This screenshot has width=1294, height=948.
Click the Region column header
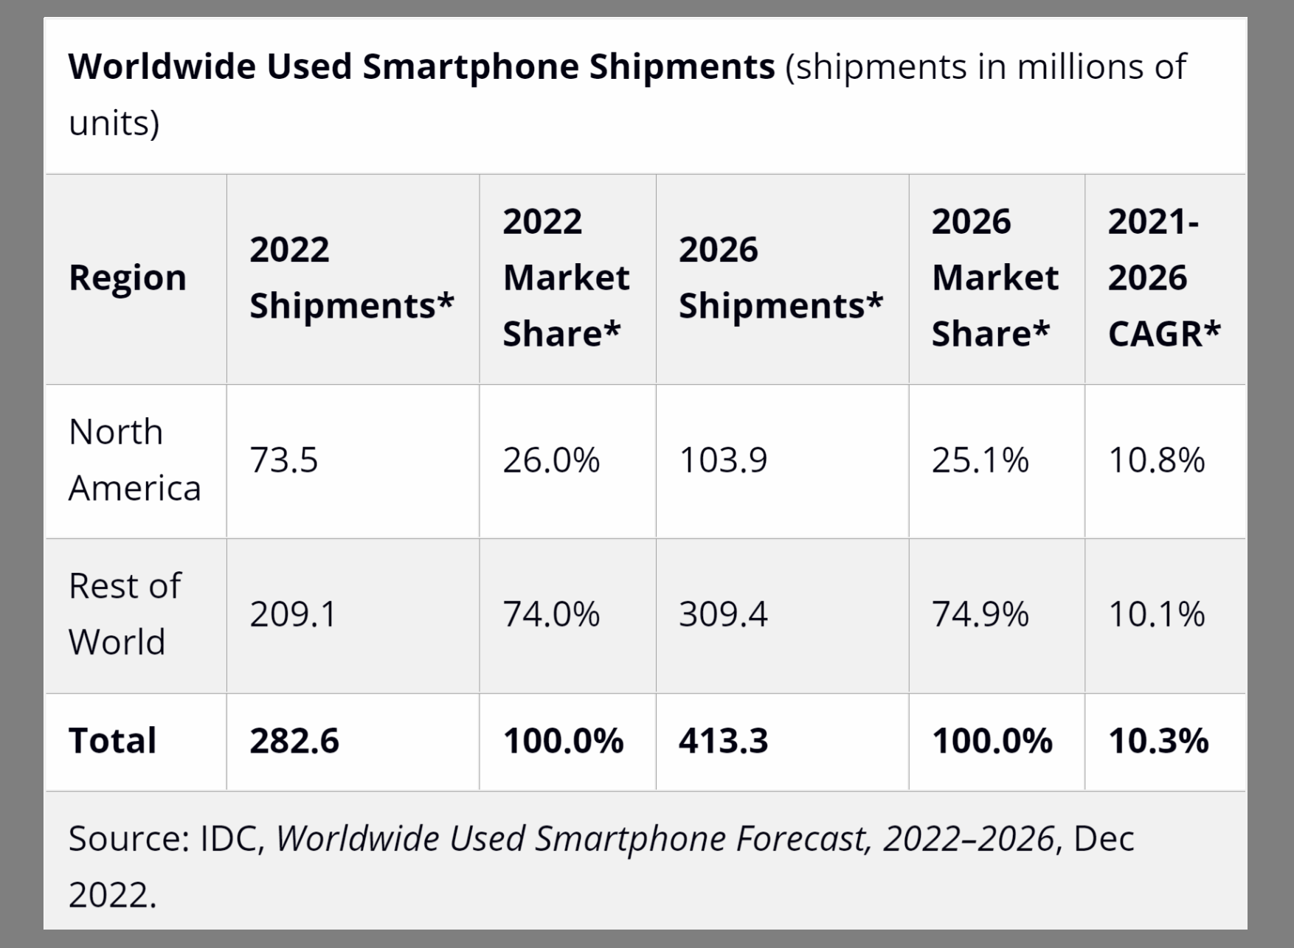point(128,278)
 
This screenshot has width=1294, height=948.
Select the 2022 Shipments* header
point(351,278)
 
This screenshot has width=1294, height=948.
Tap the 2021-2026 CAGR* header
point(1163,278)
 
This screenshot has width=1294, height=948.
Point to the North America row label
point(134,460)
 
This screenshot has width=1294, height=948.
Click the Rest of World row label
point(124,614)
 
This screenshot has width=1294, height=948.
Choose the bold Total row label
point(112,741)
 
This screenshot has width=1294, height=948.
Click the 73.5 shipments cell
point(284,460)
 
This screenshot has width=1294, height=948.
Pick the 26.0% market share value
point(551,460)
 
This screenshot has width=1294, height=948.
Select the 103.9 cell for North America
point(723,460)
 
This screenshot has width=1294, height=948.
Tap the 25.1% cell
point(980,460)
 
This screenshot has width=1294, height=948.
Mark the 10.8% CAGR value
point(1156,460)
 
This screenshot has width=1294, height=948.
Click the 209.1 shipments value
point(293,614)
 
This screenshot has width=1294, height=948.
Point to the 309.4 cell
point(723,614)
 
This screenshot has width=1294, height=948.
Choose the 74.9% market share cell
point(980,614)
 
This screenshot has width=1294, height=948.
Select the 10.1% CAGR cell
point(1156,614)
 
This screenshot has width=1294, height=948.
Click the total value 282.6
point(294,741)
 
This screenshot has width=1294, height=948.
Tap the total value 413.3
point(723,741)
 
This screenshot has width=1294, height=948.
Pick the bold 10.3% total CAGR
point(1158,741)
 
